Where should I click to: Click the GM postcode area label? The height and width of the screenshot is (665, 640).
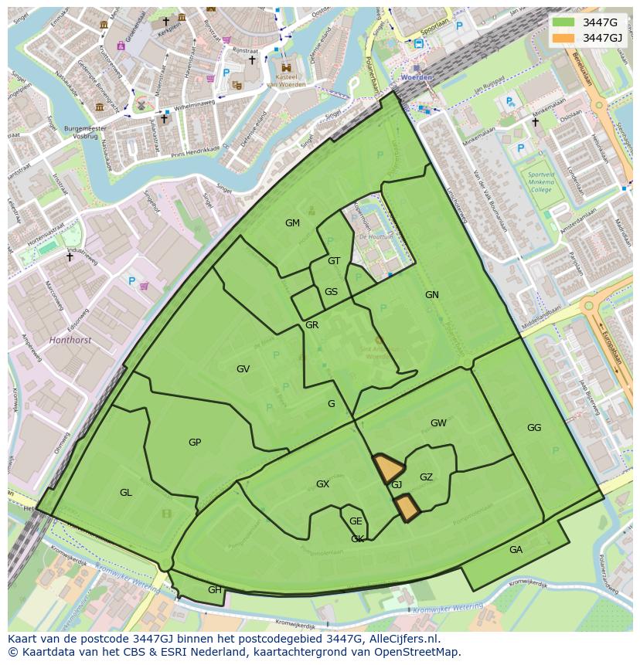292,223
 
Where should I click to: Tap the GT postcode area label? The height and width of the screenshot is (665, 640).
334,261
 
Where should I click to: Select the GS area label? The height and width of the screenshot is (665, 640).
331,292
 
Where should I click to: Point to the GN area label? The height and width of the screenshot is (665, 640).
431,295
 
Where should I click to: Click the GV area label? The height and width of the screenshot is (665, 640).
243,369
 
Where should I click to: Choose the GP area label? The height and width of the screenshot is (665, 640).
195,443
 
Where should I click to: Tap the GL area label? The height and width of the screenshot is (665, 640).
125,493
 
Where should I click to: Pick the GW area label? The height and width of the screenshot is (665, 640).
438,423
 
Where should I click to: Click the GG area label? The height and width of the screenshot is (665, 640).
534,428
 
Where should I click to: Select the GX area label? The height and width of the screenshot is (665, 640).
322,484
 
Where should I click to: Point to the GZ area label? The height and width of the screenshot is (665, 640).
426,477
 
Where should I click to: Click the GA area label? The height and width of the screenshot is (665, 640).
516,550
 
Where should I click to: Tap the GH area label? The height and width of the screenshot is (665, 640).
214,590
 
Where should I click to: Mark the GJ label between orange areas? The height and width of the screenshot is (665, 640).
397,485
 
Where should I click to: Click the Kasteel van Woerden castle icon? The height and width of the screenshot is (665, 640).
286,67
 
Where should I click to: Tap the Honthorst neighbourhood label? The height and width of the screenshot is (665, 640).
70,339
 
